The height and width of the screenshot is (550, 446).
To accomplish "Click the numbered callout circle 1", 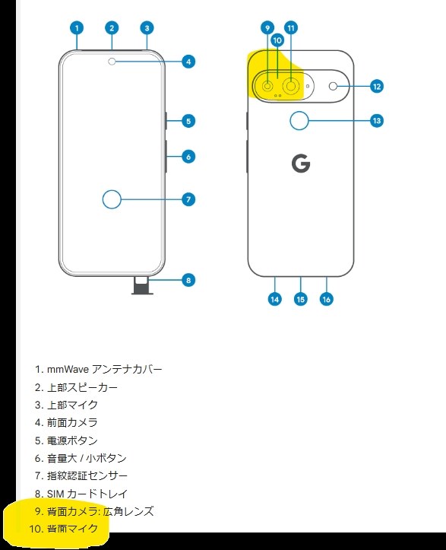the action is point(77,28).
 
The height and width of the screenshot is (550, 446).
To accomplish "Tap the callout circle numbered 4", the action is point(188,62).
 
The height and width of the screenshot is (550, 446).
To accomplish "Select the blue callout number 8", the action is point(188,280).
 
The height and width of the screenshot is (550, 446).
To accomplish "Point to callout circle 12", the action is point(377,87).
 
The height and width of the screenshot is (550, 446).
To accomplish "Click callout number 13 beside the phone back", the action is point(377,121).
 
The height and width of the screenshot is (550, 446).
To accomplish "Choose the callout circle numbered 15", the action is point(300,299).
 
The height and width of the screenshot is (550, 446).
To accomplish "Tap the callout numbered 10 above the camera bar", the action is point(277,40).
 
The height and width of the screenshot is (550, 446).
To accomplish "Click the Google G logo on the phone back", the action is point(301,164).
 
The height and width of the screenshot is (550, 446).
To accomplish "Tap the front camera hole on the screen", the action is point(112,62).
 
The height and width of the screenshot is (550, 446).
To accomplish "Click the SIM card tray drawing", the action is point(142,285).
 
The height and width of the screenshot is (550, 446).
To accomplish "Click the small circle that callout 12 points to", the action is point(333,86).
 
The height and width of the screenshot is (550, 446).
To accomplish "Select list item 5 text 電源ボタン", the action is point(72,440).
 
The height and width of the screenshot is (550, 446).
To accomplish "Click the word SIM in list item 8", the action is point(55,494).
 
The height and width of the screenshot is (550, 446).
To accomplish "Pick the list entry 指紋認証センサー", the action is point(87,475).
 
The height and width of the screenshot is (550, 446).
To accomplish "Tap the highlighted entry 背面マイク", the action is point(72,529).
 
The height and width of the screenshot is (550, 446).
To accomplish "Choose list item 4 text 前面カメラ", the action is point(72,422).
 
